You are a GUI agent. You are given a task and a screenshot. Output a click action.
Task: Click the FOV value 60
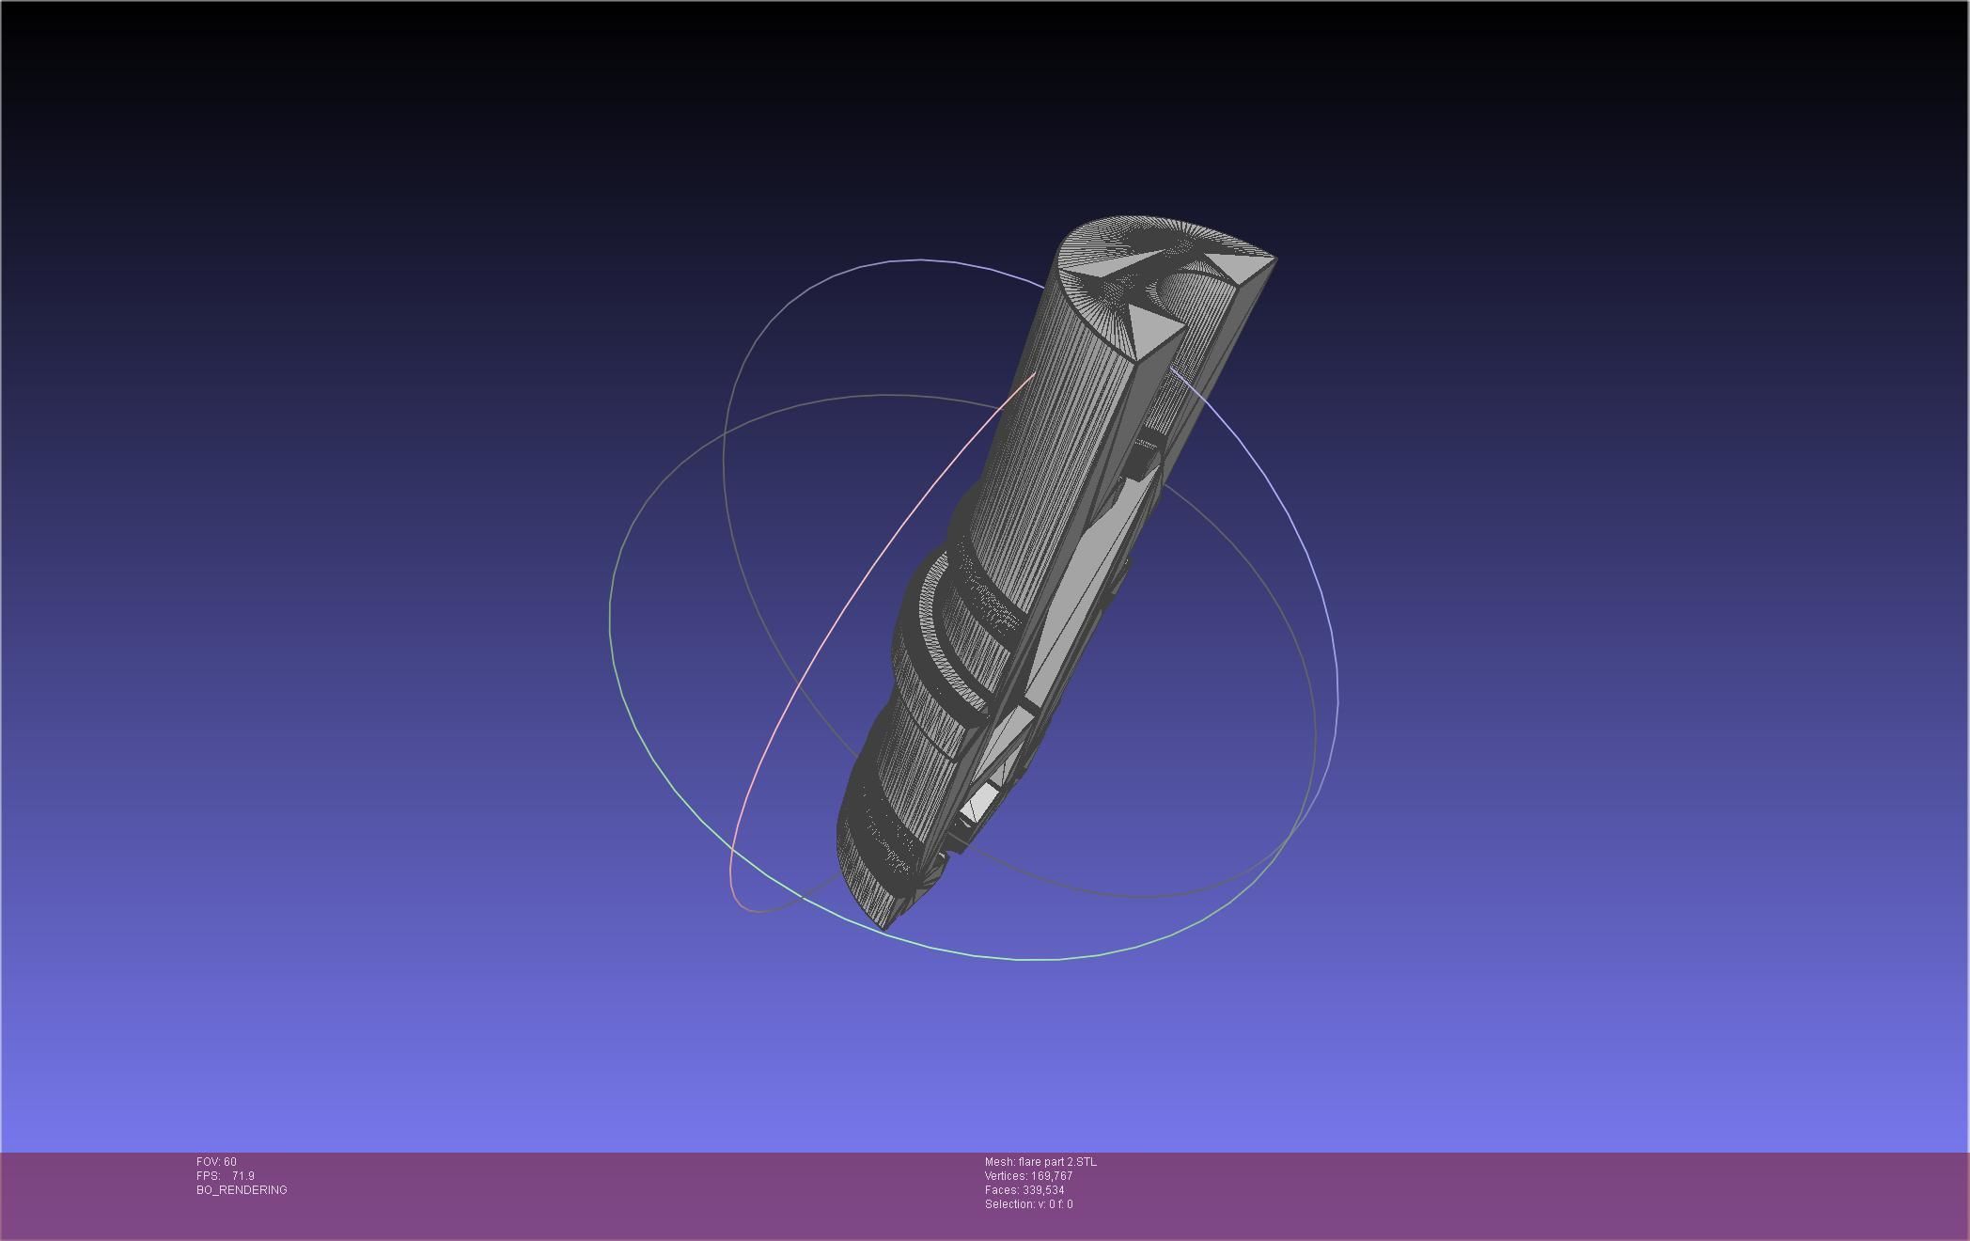230,1162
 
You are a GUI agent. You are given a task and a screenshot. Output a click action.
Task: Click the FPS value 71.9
242,1176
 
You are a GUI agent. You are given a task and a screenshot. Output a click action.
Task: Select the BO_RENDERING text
242,1190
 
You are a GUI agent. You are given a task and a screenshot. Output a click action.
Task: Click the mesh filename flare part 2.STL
1056,1162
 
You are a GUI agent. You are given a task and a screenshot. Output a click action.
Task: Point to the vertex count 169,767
1052,1176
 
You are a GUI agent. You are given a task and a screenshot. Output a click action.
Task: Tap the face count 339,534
1043,1190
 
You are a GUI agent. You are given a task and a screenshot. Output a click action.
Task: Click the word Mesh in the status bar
998,1162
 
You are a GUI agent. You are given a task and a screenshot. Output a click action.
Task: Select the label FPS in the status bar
207,1176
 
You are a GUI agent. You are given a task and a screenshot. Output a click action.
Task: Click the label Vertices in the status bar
1006,1176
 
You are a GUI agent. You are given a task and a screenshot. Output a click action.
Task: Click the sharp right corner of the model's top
1274,257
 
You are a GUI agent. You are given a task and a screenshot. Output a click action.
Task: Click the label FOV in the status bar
208,1162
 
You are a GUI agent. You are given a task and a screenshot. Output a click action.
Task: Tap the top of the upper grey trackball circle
921,260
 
